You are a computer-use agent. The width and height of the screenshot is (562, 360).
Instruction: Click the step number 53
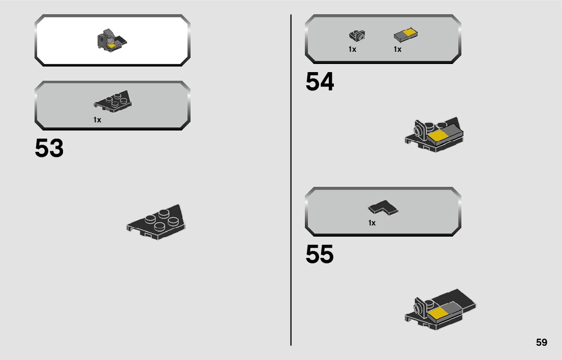(49, 149)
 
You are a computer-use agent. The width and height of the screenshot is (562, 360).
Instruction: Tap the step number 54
(320, 82)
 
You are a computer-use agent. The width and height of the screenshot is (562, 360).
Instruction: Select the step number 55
(320, 255)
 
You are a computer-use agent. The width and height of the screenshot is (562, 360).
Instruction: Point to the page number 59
(541, 342)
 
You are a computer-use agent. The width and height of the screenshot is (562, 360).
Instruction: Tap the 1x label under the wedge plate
(97, 120)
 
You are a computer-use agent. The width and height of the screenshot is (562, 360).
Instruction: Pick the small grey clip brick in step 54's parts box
(357, 36)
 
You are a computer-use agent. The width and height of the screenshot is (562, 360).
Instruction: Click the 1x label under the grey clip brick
(352, 49)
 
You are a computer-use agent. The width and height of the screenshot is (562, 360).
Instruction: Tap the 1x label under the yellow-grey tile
(397, 49)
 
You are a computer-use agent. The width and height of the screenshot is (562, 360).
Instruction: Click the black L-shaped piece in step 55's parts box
(383, 207)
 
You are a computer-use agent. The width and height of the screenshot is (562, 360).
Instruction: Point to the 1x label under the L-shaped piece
(372, 223)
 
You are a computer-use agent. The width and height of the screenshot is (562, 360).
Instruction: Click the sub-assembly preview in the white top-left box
(111, 41)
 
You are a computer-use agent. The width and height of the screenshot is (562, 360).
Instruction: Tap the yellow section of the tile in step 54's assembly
(436, 136)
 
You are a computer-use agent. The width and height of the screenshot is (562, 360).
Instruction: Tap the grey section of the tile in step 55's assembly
(452, 309)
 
